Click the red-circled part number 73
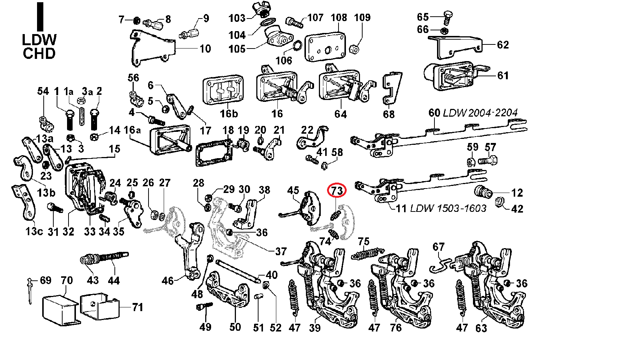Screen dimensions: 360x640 point(337,191)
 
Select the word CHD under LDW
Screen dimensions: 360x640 point(39,54)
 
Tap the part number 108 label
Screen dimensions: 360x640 point(339,18)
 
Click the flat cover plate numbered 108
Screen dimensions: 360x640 point(325,48)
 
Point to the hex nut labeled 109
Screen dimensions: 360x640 point(354,49)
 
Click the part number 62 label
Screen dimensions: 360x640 point(503,45)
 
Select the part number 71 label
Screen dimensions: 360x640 point(137,307)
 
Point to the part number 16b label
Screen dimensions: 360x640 point(229,114)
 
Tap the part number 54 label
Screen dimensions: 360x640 point(43,91)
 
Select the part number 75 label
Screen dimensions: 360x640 point(363,242)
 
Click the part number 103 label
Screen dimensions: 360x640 point(237,18)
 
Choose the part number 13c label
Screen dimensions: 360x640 point(34,231)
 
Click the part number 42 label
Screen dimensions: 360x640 point(517,209)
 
